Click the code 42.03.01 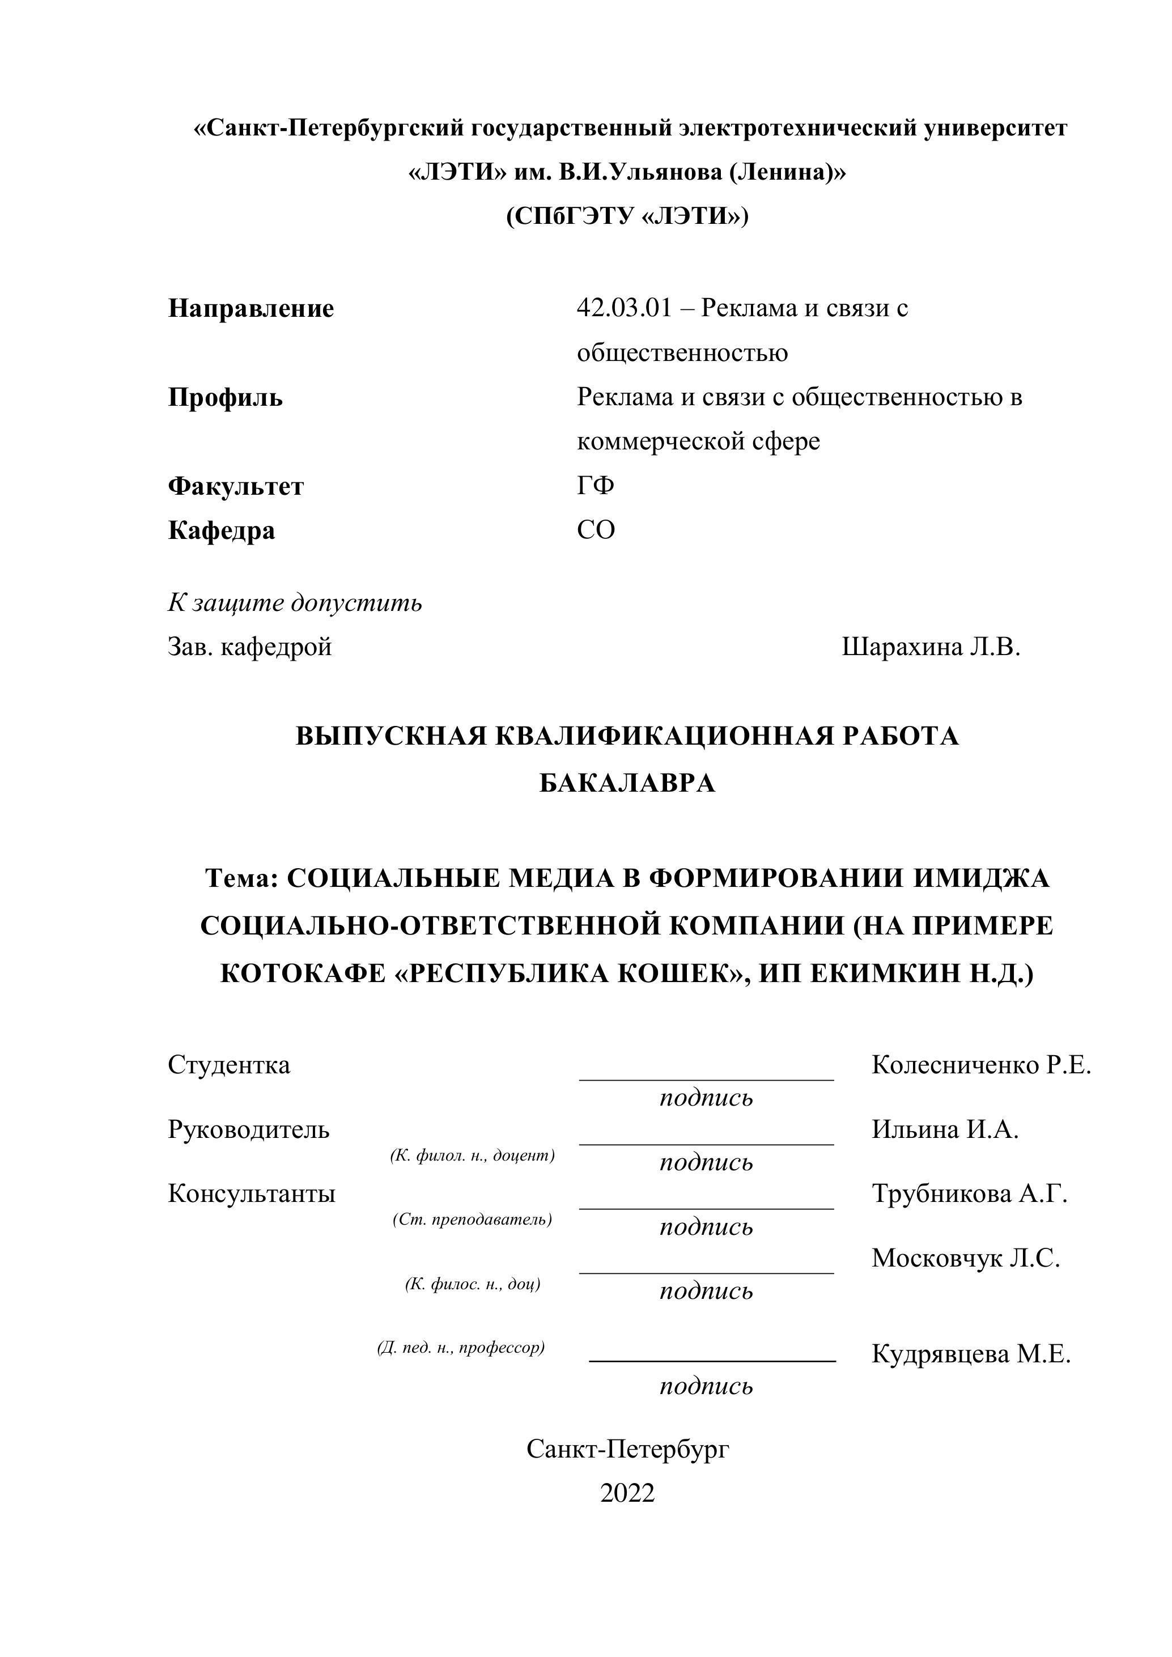623,309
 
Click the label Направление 251,309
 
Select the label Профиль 225,398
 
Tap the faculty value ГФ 596,486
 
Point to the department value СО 596,530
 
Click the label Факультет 236,486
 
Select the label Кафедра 222,530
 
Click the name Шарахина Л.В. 931,647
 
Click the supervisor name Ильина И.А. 945,1129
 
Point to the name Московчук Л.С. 966,1258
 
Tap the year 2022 627,1493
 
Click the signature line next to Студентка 707,1079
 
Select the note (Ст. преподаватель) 473,1220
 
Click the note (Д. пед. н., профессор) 461,1348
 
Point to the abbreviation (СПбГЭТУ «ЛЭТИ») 627,216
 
